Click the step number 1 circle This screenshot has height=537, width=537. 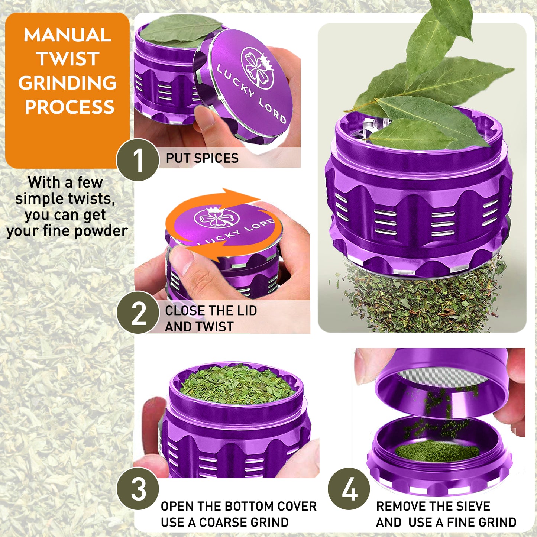tap(138, 160)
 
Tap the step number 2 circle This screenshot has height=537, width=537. tap(138, 313)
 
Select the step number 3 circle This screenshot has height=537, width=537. tap(138, 488)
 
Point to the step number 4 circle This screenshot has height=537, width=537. tap(349, 488)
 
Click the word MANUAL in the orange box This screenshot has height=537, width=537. tap(67, 35)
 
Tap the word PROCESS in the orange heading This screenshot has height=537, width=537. tap(69, 107)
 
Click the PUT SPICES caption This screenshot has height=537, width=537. tap(202, 158)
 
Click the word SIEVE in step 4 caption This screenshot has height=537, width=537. tap(473, 506)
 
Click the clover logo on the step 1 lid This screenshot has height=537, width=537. tap(257, 67)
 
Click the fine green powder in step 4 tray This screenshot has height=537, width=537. tap(437, 450)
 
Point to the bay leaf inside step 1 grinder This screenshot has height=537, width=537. tap(178, 30)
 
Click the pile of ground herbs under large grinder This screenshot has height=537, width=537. tap(424, 301)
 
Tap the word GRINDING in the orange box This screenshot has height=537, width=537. tap(68, 83)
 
